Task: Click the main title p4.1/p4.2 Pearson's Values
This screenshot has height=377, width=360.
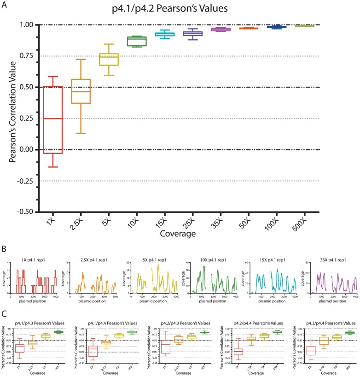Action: point(180,8)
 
